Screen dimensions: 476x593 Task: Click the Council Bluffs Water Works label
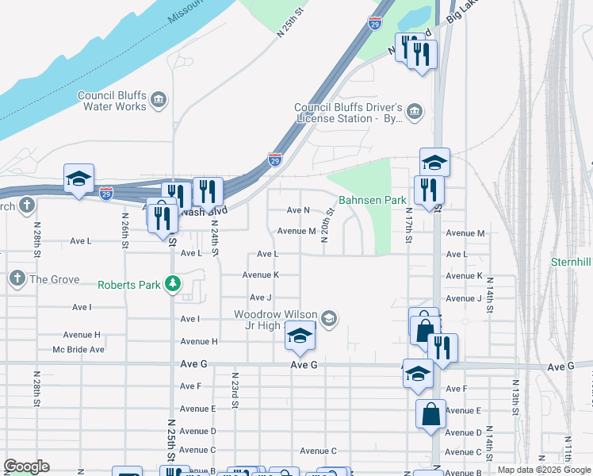point(112,101)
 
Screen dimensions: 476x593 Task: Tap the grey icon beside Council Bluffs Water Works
point(159,101)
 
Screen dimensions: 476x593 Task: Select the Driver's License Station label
point(349,113)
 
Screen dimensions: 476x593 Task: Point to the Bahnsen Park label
point(372,200)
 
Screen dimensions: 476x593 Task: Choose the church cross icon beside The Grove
point(17,278)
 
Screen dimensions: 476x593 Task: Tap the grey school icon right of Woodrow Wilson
point(330,319)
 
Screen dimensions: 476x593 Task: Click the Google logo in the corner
point(26,466)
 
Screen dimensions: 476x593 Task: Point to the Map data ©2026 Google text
point(544,470)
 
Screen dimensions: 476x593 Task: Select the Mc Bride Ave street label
point(78,349)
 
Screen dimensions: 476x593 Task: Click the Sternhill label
point(572,262)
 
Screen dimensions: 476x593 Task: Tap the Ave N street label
point(298,210)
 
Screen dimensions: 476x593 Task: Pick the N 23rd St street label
point(235,389)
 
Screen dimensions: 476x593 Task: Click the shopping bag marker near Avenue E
point(430,414)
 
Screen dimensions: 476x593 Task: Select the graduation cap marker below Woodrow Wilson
point(300,337)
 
